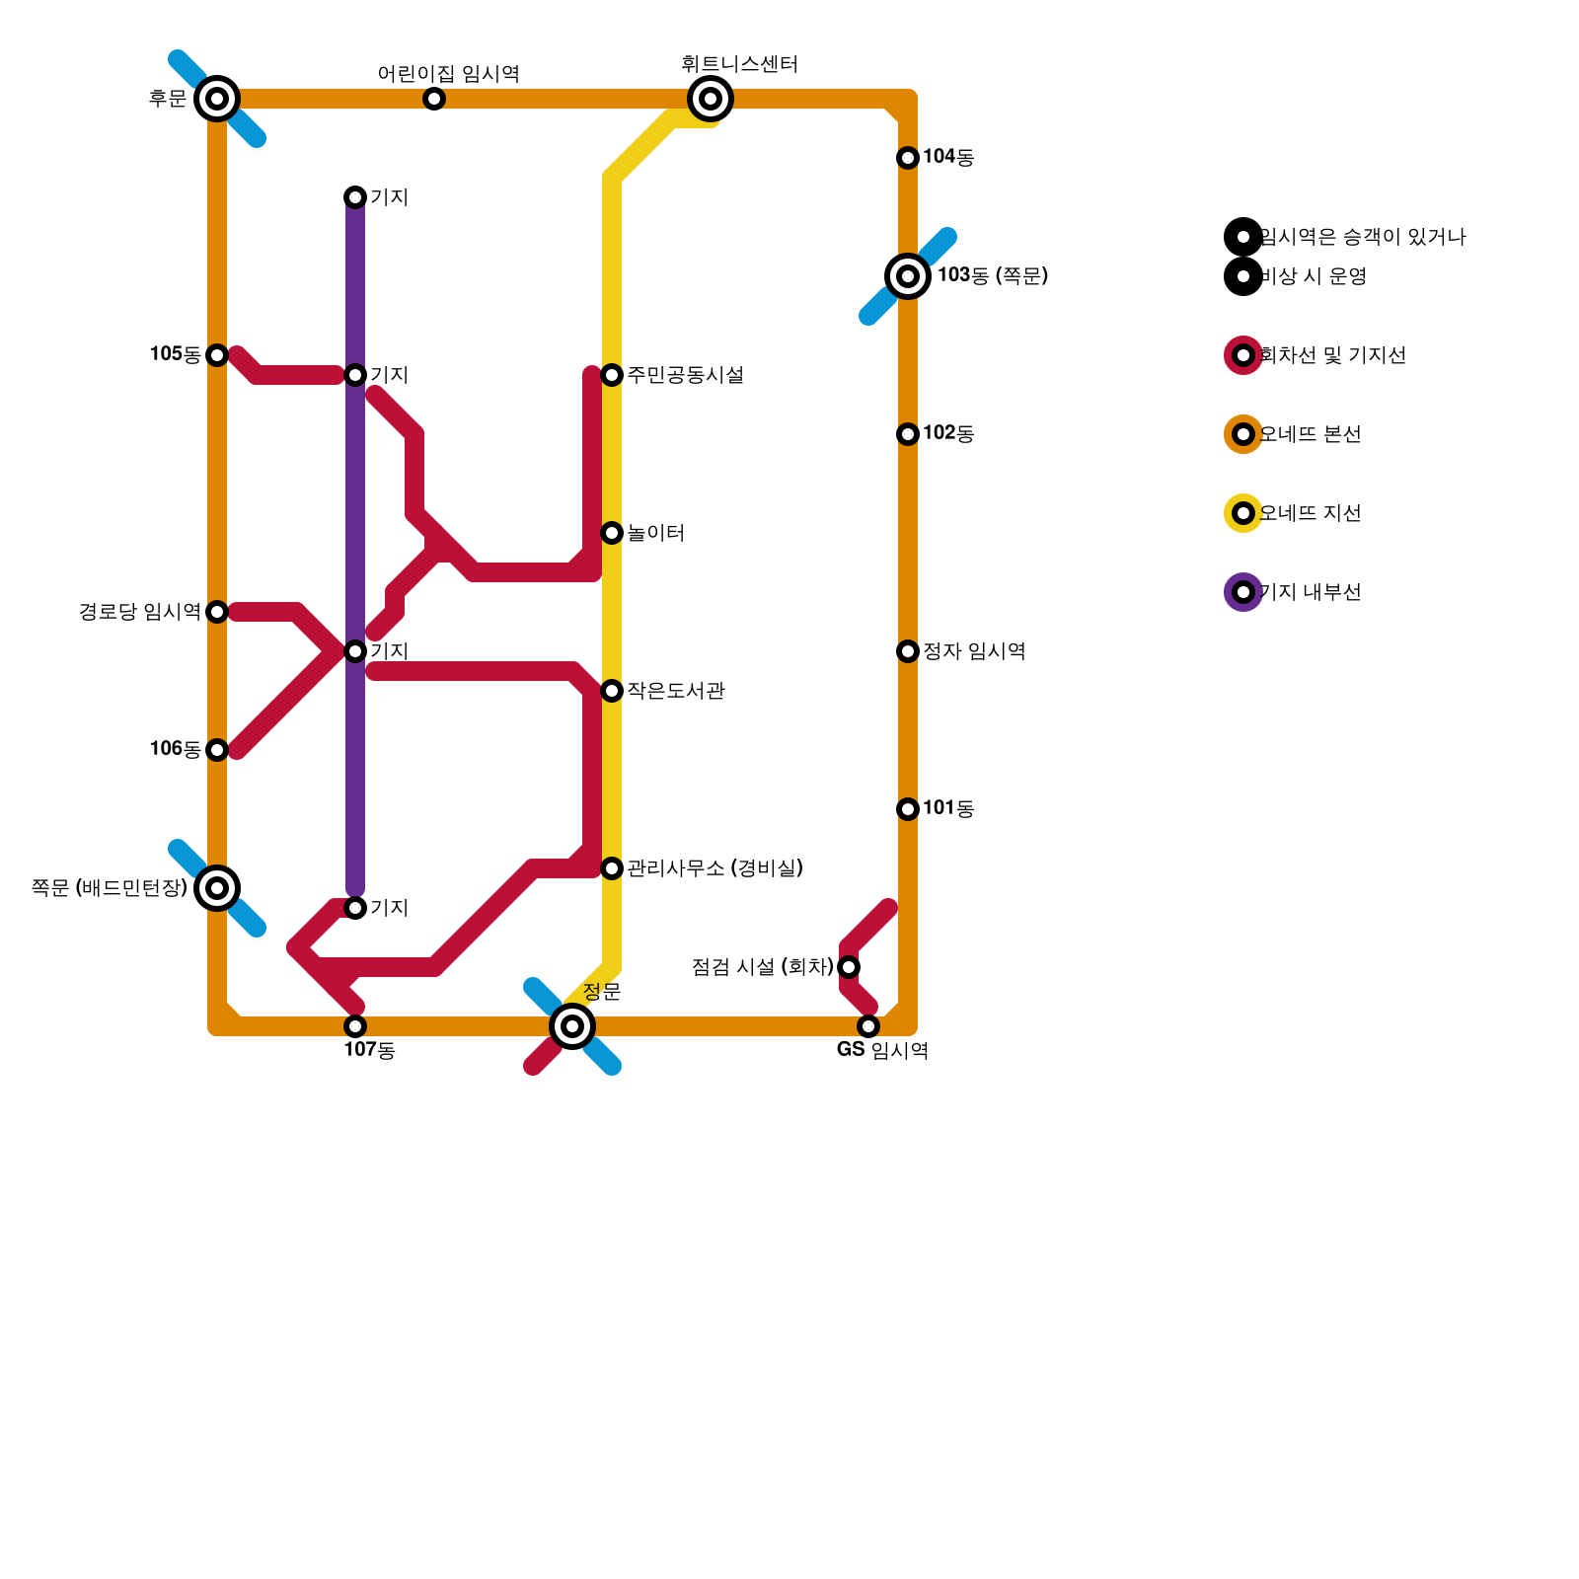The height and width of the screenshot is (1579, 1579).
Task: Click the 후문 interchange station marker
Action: coord(217,99)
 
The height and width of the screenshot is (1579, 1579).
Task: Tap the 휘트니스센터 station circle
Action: coord(711,99)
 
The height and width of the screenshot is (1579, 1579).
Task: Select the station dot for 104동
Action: coord(908,158)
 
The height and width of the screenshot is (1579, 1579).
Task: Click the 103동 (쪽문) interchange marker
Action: coord(908,276)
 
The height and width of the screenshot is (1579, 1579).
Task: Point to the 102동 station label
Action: coord(948,433)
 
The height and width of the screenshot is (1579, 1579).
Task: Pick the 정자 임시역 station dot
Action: coord(908,651)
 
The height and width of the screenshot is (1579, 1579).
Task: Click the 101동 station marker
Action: coord(908,809)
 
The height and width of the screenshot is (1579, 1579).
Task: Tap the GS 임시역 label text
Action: coord(882,1050)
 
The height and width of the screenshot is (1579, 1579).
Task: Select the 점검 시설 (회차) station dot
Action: coord(849,967)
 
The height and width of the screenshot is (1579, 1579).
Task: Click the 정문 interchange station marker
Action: coord(572,1026)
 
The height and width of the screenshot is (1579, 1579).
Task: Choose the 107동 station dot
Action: coord(355,1026)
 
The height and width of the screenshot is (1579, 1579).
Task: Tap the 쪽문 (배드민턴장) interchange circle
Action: coord(217,888)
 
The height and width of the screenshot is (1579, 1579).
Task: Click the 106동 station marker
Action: coord(217,750)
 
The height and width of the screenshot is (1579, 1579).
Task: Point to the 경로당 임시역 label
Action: coord(139,612)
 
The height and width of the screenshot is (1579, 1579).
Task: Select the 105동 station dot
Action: coord(217,355)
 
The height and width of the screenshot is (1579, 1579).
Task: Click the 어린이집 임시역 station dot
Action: coord(434,99)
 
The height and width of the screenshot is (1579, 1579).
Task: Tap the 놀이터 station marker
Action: coord(612,533)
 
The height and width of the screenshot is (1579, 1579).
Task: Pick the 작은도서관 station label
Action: coord(676,691)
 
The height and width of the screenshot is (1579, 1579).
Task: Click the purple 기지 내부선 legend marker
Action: coord(1243,592)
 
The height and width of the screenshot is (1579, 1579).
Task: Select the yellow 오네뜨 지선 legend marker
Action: coord(1243,513)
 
